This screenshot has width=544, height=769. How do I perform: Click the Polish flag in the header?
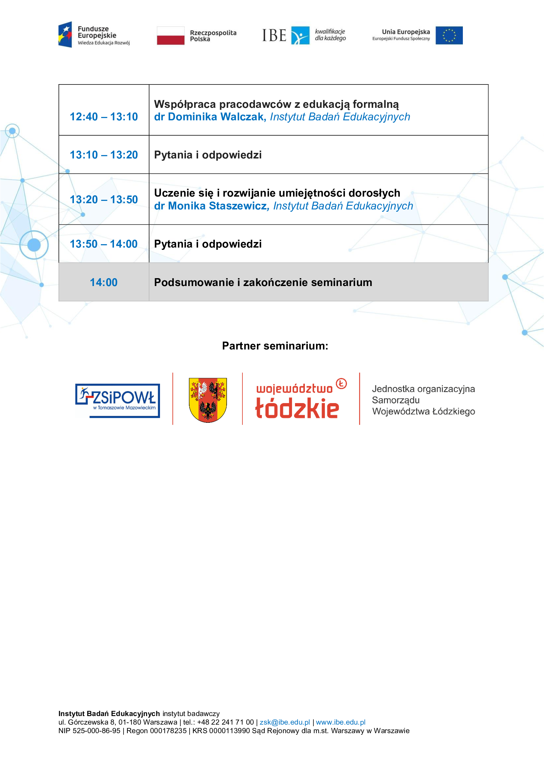[170, 36]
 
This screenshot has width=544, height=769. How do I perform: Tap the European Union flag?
[449, 36]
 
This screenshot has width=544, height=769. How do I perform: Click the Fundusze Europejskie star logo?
[65, 35]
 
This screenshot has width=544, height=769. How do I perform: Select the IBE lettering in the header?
[274, 36]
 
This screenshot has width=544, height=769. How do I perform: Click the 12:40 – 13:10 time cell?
[104, 117]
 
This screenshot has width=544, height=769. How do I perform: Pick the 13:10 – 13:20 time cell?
[104, 155]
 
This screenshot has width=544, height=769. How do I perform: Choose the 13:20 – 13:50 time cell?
[104, 200]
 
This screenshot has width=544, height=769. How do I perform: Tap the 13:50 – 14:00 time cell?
[104, 244]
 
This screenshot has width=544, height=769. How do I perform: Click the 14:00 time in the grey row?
[104, 282]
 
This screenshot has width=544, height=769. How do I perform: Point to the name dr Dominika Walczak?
[209, 117]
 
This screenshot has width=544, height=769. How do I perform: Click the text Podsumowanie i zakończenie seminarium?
[263, 282]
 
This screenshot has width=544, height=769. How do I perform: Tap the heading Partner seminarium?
[275, 346]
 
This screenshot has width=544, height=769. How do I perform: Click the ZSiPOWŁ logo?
[118, 400]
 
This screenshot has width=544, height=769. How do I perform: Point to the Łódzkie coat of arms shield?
[208, 400]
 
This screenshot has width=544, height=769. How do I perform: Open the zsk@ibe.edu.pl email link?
[285, 722]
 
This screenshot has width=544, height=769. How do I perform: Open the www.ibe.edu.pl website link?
[340, 722]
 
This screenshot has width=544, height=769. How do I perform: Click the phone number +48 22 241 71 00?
[225, 722]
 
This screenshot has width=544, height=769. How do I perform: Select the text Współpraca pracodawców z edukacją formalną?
[276, 104]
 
